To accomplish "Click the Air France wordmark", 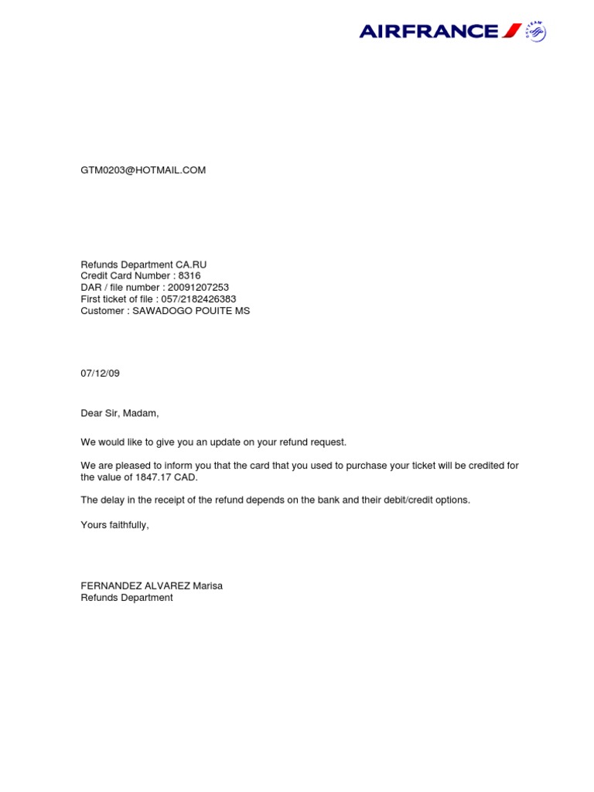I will tap(429, 32).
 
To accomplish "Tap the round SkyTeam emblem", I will tap(535, 31).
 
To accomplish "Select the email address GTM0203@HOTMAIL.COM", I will tap(143, 170).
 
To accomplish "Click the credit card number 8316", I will tap(189, 276).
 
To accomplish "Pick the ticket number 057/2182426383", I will tap(199, 299).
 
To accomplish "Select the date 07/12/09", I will tap(101, 374).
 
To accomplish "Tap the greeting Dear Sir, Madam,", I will tap(120, 414).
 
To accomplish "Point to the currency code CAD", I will tap(186, 477).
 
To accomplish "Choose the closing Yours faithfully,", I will tap(114, 525).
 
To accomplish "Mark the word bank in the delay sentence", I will tap(328, 500).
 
